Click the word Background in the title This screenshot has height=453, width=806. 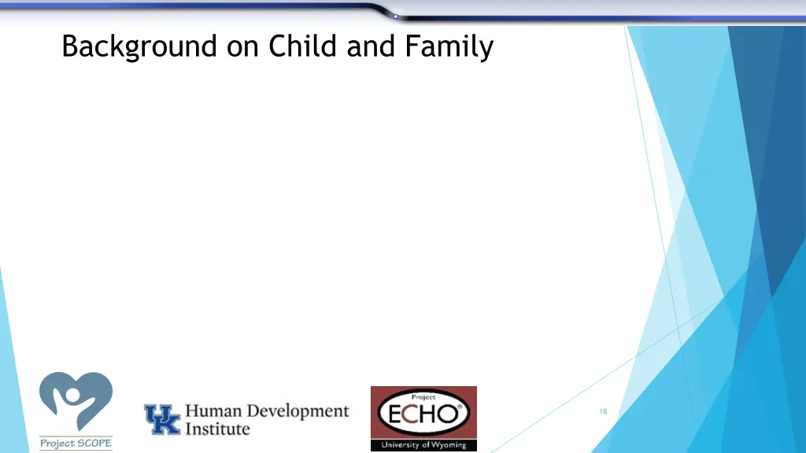click(139, 47)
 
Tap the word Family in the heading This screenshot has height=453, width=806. click(449, 47)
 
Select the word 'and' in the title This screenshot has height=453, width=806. click(373, 46)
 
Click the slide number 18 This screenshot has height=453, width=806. click(603, 411)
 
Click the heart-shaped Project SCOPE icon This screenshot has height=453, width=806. click(76, 401)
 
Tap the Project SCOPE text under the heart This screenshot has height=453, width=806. click(76, 444)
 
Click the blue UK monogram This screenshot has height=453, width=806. click(162, 419)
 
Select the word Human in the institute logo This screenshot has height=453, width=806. click(213, 411)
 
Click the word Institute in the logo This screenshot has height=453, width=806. click(217, 429)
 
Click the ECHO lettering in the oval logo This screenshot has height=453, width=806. click(423, 413)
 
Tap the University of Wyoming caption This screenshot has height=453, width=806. click(423, 445)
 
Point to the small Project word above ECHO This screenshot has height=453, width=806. click(424, 397)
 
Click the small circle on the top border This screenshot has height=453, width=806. click(395, 16)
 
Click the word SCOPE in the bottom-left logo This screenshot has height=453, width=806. click(94, 444)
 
